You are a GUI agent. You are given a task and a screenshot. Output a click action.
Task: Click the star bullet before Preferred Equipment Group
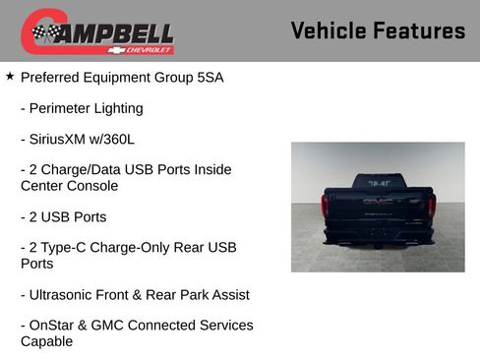[x=10, y=76]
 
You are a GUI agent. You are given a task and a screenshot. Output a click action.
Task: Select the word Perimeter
[x=63, y=108]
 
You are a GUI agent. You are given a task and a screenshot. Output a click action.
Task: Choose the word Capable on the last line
[x=46, y=341]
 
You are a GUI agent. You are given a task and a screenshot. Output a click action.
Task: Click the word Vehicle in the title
[x=328, y=30]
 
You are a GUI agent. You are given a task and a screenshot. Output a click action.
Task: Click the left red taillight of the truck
[x=326, y=205]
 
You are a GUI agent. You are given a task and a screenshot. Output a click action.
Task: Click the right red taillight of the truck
[x=430, y=205]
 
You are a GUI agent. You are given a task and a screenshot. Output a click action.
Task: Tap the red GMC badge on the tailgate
[x=378, y=201]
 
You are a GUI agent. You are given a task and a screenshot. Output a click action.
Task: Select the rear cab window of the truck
[x=378, y=183]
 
